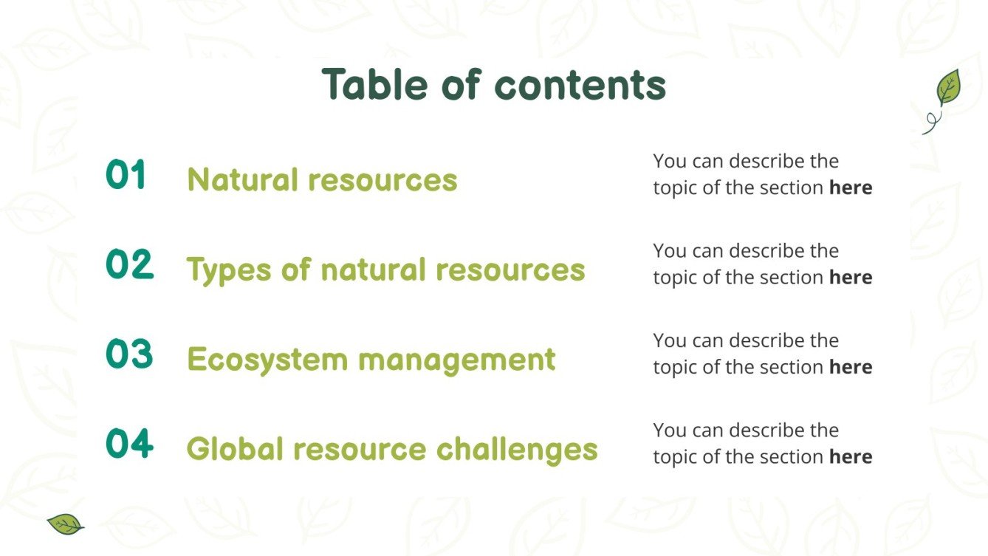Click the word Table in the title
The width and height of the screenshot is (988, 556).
tap(375, 84)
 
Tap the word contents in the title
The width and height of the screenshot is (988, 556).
tap(580, 86)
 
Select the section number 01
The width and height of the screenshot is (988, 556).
tap(126, 176)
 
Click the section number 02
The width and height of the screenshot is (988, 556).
tap(129, 265)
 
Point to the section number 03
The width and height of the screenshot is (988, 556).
tap(129, 354)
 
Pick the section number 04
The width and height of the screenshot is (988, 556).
tap(129, 445)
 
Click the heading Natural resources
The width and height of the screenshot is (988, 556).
tap(322, 179)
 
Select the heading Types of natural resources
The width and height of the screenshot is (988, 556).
tap(385, 270)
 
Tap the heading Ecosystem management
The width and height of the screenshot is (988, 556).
tap(371, 360)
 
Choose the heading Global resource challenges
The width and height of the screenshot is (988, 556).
tap(391, 449)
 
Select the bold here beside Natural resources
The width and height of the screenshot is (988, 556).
tap(851, 188)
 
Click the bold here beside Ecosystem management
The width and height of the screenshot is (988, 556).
tap(851, 367)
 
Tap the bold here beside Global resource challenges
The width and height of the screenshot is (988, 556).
tap(851, 457)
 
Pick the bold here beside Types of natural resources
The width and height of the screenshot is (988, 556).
tap(851, 278)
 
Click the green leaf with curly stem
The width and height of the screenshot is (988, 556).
tap(946, 92)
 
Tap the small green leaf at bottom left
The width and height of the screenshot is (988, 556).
tap(65, 524)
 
